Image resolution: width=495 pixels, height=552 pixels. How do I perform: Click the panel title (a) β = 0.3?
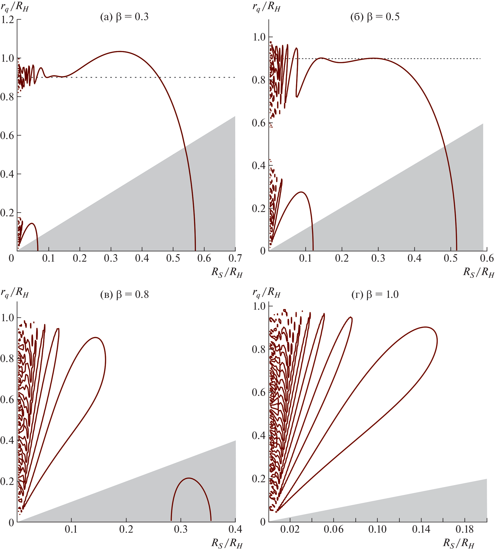(124, 17)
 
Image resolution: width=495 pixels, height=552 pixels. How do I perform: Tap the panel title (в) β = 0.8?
(124, 294)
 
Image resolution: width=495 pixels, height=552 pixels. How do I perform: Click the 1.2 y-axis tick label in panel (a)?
(7, 20)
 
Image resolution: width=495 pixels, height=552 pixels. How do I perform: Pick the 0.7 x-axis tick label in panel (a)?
(235, 258)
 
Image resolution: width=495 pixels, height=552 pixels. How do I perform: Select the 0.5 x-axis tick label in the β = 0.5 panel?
(451, 258)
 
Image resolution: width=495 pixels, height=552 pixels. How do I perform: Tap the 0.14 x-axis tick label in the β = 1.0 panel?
(421, 529)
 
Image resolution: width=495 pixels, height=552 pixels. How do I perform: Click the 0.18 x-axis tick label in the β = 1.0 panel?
(465, 529)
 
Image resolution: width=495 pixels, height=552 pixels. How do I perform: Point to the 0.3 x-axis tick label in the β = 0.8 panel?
(181, 529)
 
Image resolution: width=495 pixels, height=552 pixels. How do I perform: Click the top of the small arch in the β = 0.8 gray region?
(189, 478)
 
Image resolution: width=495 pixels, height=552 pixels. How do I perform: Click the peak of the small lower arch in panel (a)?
(32, 223)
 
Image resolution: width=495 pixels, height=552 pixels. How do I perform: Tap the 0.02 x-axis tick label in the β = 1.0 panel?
(290, 529)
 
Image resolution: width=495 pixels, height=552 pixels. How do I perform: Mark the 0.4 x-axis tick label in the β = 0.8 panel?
(235, 529)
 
